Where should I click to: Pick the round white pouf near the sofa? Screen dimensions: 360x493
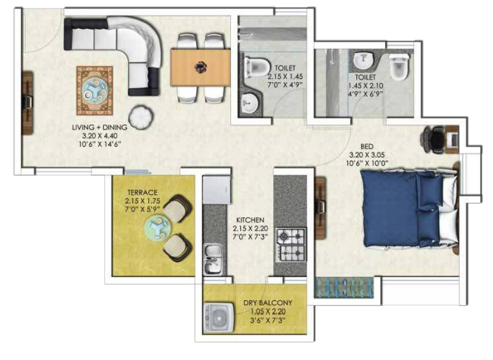coord(141,116)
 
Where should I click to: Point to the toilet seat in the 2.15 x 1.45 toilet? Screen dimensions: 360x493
coord(257,65)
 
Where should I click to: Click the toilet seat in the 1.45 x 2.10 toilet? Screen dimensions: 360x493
coord(400,68)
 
